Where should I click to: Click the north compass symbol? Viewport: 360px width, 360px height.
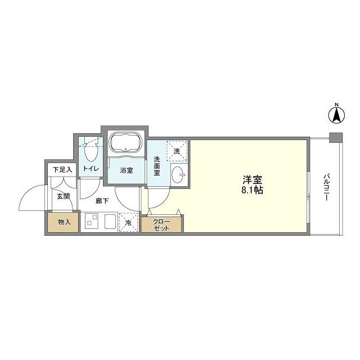[x=336, y=115]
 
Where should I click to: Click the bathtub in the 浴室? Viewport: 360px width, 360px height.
[x=126, y=142]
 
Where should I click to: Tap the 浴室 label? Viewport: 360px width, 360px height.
[x=126, y=170]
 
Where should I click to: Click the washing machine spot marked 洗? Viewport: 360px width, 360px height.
[x=177, y=151]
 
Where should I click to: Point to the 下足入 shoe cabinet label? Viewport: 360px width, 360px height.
[x=62, y=169]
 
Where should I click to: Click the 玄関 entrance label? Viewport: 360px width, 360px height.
[x=62, y=196]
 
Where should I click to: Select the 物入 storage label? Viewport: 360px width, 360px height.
[x=64, y=222]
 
